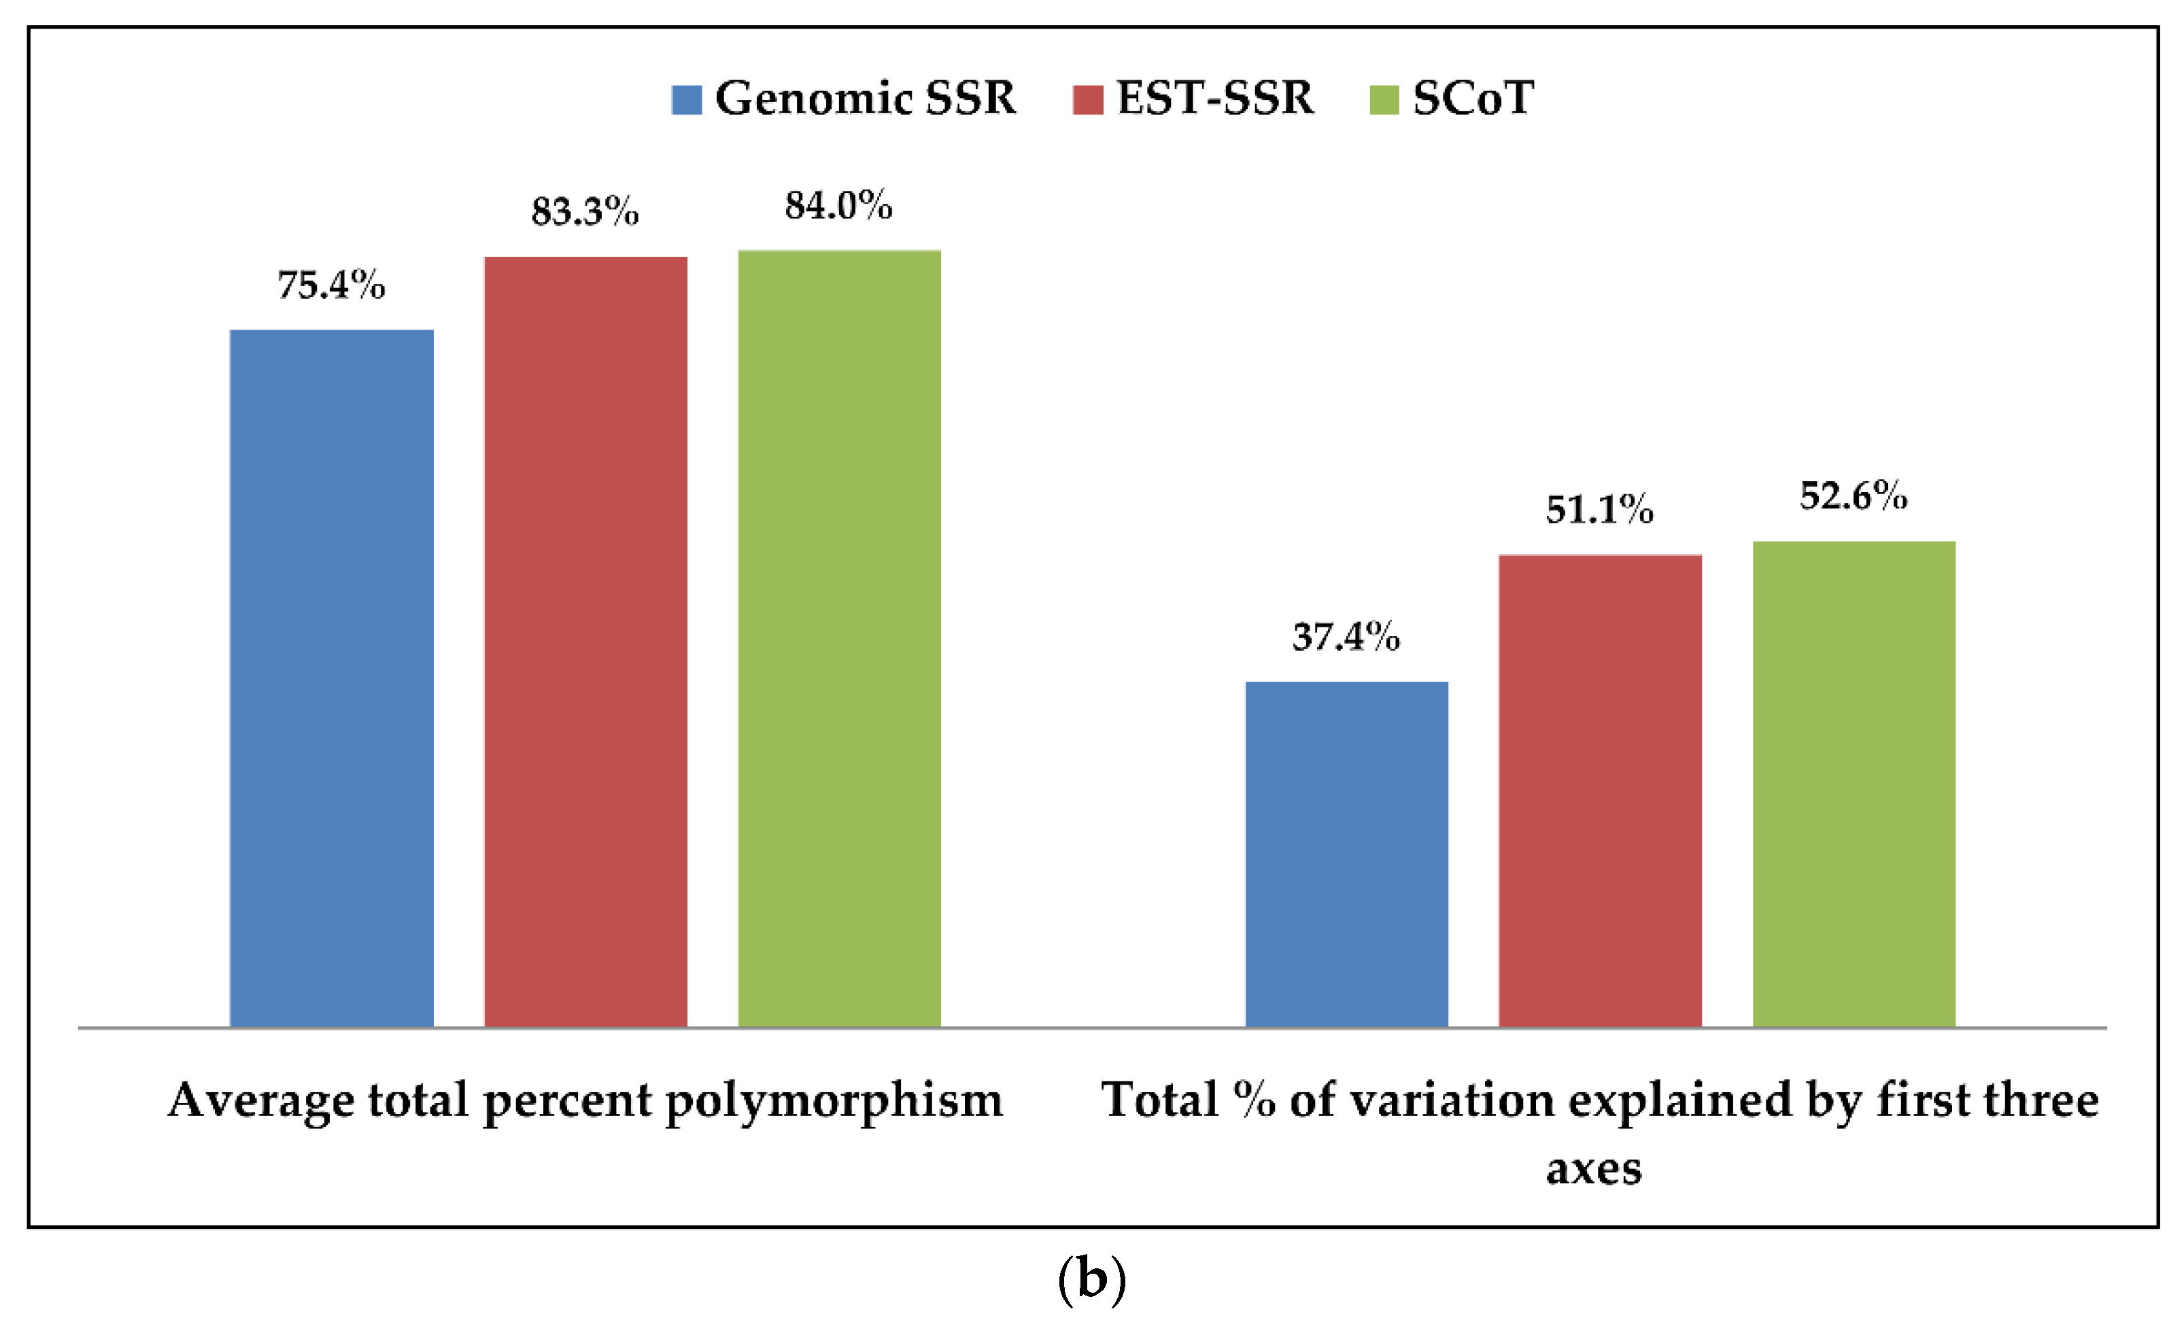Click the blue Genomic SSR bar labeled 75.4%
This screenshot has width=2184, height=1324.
[332, 678]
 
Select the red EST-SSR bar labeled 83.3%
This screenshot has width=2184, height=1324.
[585, 642]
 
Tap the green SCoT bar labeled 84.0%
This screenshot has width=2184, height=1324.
[838, 638]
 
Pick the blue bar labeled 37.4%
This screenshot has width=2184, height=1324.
[1346, 854]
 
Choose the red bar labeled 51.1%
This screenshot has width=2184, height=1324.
[1600, 790]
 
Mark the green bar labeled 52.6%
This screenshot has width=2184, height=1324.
[1854, 784]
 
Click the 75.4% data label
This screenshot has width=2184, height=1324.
[332, 285]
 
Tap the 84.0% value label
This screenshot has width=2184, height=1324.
[838, 206]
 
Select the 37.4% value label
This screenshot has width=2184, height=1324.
[1346, 637]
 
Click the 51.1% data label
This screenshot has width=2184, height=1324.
[1600, 510]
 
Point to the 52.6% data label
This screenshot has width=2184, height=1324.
[1854, 496]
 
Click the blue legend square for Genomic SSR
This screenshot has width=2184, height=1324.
[687, 99]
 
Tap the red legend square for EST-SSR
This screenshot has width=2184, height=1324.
[1087, 99]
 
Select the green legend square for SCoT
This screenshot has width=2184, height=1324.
[1384, 99]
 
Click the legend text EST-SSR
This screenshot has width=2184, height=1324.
[1215, 97]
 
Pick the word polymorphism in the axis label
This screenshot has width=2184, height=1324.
[834, 1102]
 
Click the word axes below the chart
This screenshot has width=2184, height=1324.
[1594, 1169]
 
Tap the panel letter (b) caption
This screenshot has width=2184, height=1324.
[1092, 1280]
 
